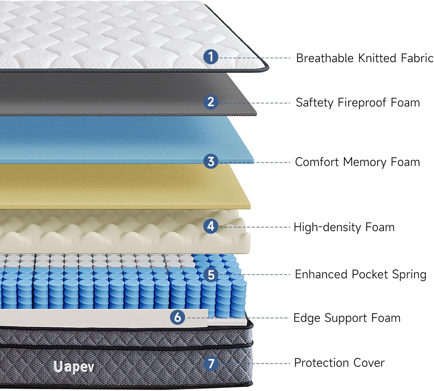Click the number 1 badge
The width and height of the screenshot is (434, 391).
click(x=211, y=57)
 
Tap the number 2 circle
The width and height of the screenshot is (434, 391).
click(x=211, y=102)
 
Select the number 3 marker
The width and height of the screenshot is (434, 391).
click(x=211, y=161)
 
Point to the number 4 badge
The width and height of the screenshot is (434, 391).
click(x=211, y=226)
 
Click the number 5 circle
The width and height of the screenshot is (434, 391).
click(x=211, y=275)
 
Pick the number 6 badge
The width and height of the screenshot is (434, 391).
click(x=178, y=317)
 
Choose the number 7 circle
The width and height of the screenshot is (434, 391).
click(x=211, y=363)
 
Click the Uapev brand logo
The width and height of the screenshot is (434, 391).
click(x=74, y=367)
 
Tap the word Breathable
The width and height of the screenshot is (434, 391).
click(x=325, y=58)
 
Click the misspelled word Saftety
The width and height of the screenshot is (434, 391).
click(x=314, y=103)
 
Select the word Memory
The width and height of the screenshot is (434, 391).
click(x=365, y=162)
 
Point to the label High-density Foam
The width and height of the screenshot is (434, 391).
click(x=344, y=227)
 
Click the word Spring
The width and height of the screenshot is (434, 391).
click(x=409, y=275)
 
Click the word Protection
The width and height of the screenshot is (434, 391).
click(x=321, y=363)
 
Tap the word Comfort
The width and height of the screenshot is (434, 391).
click(x=317, y=162)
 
